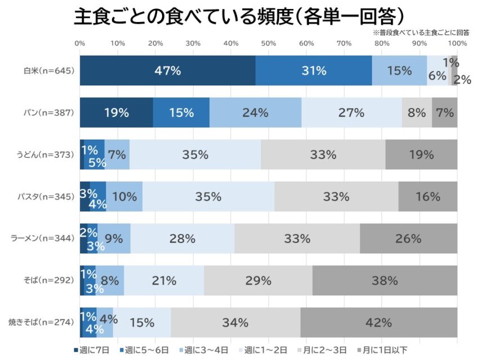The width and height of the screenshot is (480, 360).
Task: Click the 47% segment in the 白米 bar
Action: (x=168, y=71)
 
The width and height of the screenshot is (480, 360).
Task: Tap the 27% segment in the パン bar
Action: (x=352, y=112)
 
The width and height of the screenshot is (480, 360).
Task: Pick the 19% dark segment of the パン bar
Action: (x=116, y=112)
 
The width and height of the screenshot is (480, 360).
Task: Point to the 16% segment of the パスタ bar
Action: (x=428, y=196)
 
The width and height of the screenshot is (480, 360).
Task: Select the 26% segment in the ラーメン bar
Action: (x=408, y=238)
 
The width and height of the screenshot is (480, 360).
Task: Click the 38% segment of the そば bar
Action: (x=384, y=280)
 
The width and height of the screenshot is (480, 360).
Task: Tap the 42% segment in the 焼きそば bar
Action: (x=378, y=322)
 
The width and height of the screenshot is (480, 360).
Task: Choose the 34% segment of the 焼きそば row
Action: (x=235, y=322)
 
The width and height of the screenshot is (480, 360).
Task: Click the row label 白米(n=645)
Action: (x=49, y=71)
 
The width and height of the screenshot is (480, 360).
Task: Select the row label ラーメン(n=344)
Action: (x=43, y=238)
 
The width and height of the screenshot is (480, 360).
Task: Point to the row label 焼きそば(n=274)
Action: (x=42, y=322)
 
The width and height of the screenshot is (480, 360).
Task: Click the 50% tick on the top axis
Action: (x=268, y=43)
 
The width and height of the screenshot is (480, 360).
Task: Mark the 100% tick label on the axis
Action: (x=457, y=43)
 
